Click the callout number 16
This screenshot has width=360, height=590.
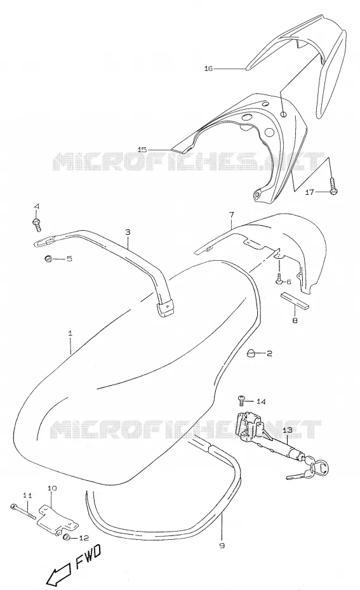tap(209, 68)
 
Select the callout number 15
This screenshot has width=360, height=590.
tap(142, 149)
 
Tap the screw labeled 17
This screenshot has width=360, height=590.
tap(333, 187)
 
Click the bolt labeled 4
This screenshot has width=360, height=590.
tap(37, 224)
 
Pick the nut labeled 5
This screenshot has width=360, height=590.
tap(48, 258)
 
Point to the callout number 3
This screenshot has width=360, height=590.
tap(128, 232)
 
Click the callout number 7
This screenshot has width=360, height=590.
tap(231, 214)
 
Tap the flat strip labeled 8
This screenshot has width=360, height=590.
tap(295, 300)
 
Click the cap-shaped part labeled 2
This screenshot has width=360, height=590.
tap(251, 353)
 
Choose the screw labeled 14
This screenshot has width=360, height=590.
tap(241, 401)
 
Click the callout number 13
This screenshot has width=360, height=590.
tap(287, 429)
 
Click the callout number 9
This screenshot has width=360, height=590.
tap(222, 545)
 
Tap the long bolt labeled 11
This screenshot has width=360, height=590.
tap(23, 511)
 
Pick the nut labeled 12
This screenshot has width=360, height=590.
tap(67, 537)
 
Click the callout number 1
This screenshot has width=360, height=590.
tap(70, 333)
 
